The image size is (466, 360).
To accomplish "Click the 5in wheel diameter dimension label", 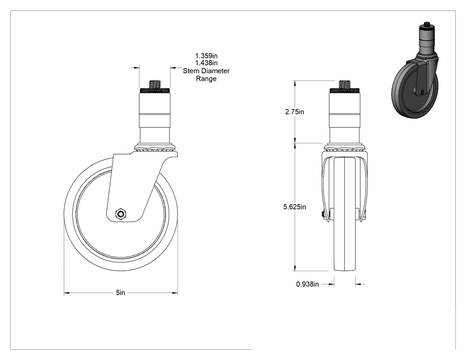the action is tap(120, 293).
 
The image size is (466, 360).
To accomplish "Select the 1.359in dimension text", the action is tap(206, 56).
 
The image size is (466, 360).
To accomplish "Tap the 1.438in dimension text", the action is tap(206, 63).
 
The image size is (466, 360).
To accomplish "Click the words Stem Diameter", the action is tap(206, 71).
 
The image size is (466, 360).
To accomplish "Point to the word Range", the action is tap(206, 79).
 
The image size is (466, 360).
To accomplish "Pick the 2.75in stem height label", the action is tap(295, 112).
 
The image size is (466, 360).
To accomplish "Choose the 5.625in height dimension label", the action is tap(295, 207).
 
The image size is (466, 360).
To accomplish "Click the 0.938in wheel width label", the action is tap(307, 284).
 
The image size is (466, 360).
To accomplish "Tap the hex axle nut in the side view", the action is tap(121, 214).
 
